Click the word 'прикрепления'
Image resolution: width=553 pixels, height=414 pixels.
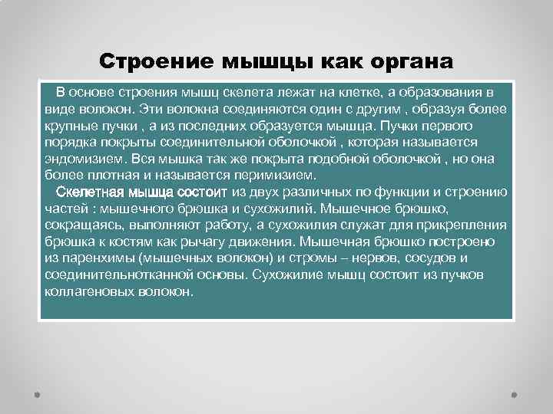point(465,225)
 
